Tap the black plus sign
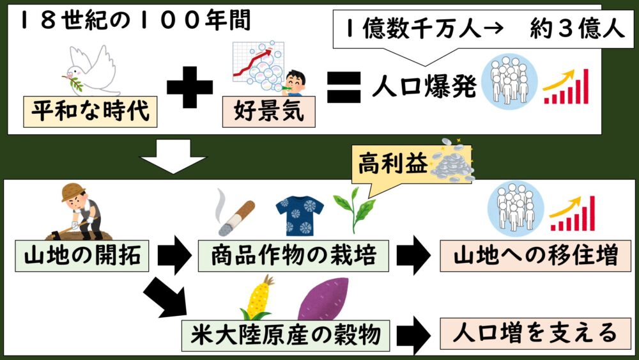[x=189, y=89]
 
